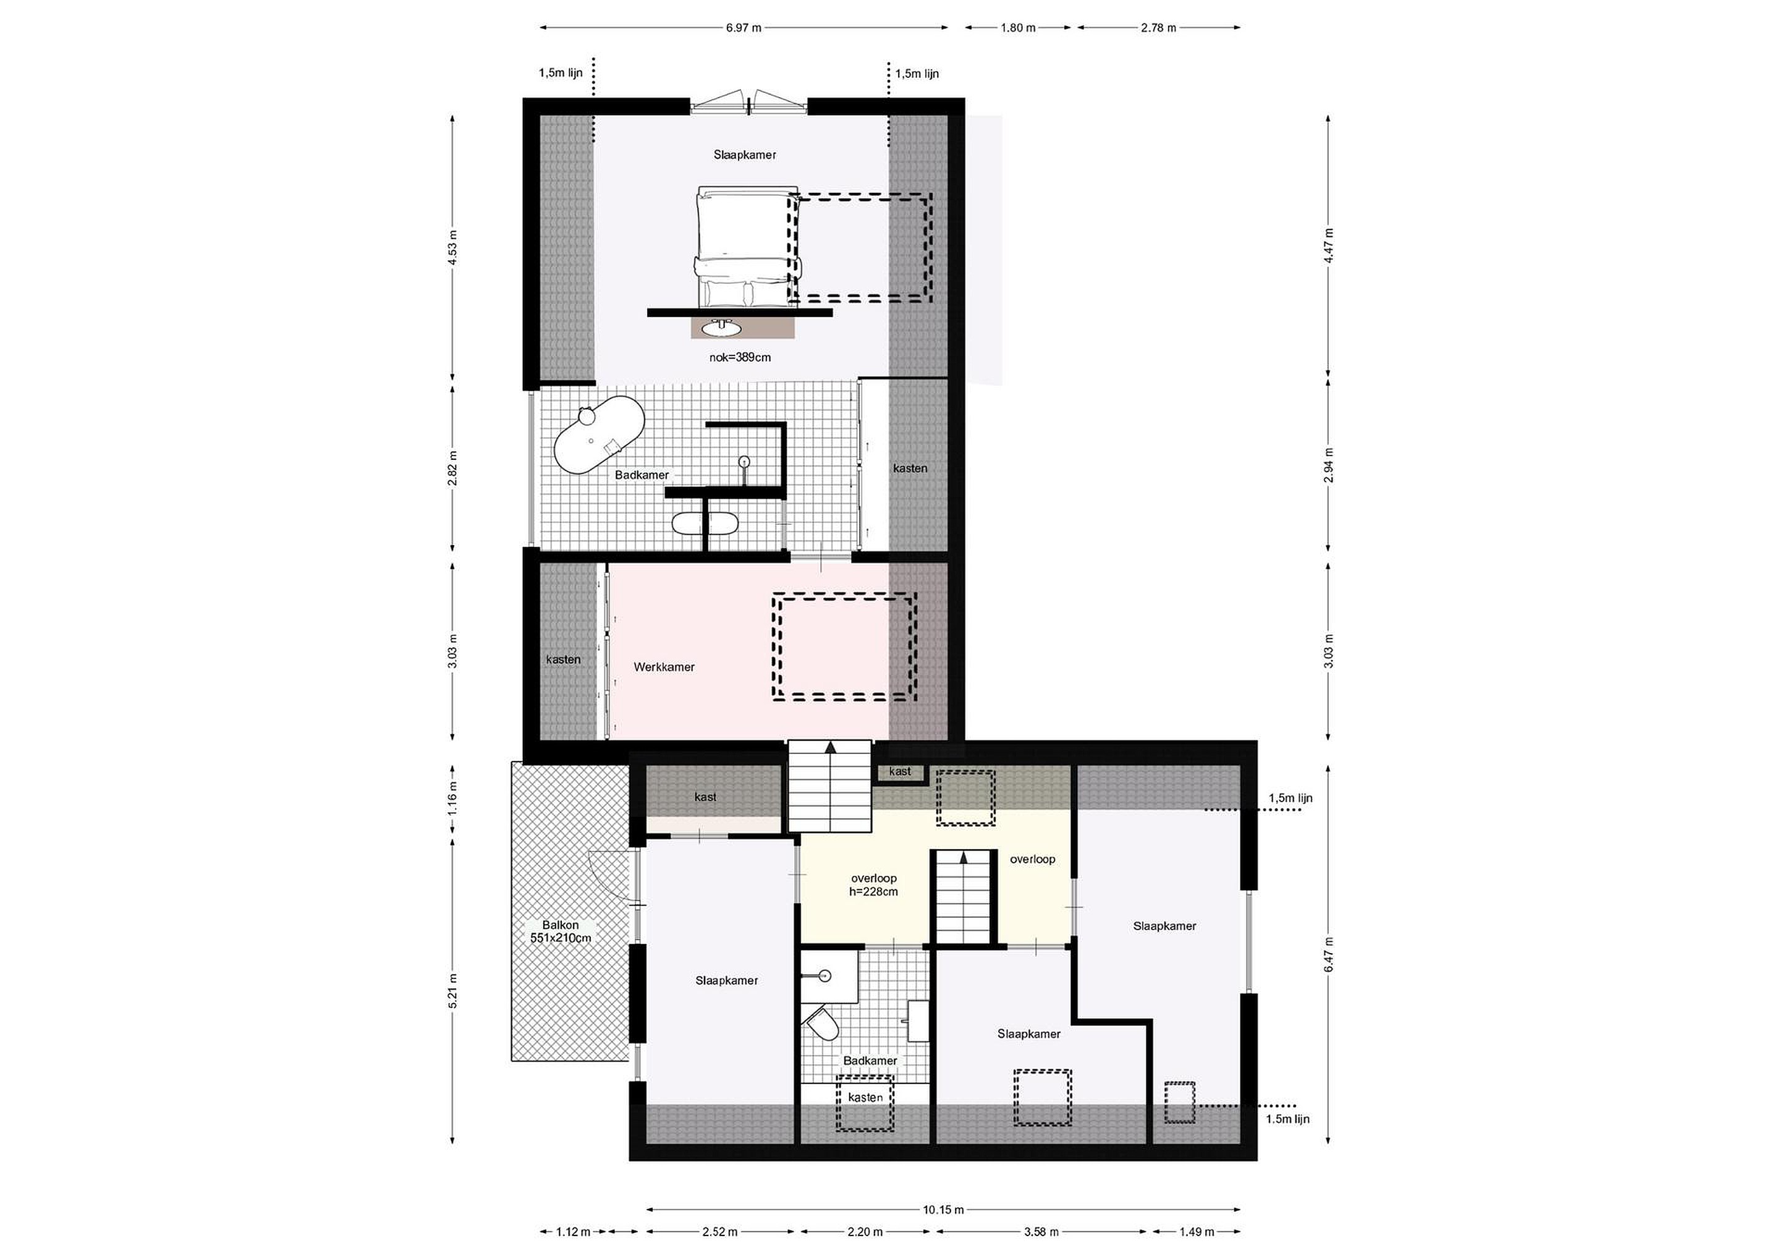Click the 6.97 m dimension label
coord(744,28)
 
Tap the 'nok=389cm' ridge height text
coord(740,357)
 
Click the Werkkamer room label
coord(664,667)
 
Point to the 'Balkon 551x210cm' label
coord(561,931)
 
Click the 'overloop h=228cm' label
coord(874,884)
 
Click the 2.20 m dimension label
coord(865,1231)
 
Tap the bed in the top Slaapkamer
coord(747,247)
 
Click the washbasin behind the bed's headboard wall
coord(722,329)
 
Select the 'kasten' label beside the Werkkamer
coord(563,659)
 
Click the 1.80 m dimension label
coord(1018,28)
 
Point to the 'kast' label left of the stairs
coord(705,796)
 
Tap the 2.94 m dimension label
coord(1328,466)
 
